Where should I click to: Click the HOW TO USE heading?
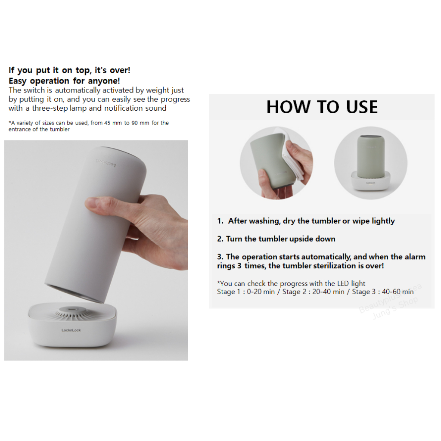click(322, 107)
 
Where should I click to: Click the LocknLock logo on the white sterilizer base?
click(71, 330)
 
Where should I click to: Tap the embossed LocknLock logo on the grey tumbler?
click(106, 163)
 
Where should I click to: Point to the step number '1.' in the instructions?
click(220, 221)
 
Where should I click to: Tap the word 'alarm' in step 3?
click(415, 257)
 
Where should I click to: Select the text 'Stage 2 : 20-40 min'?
click(314, 292)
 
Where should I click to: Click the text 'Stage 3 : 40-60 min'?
click(383, 292)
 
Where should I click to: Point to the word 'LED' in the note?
click(343, 283)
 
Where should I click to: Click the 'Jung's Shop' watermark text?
click(395, 308)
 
